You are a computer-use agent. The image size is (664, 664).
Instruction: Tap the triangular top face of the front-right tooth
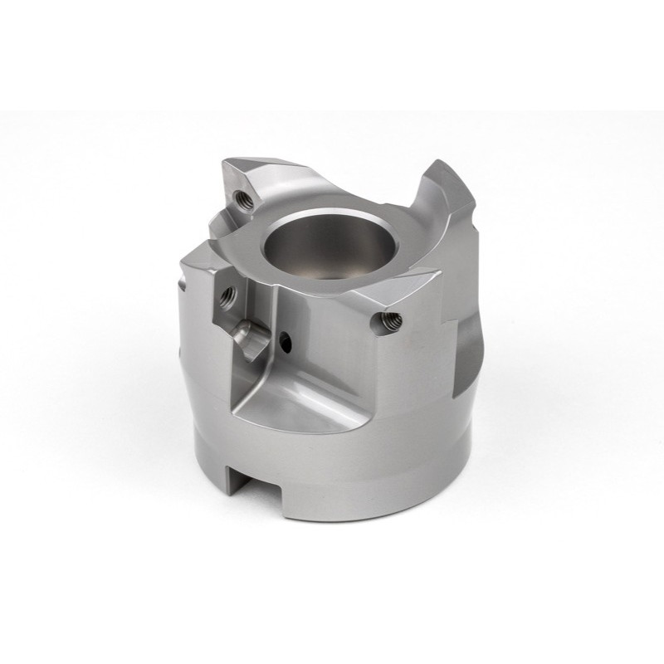390,286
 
